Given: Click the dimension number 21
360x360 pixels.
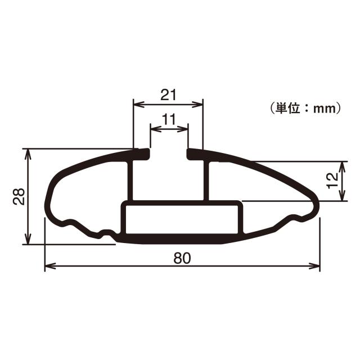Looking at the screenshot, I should [168, 94].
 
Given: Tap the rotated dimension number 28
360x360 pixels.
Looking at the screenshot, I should [19, 196].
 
